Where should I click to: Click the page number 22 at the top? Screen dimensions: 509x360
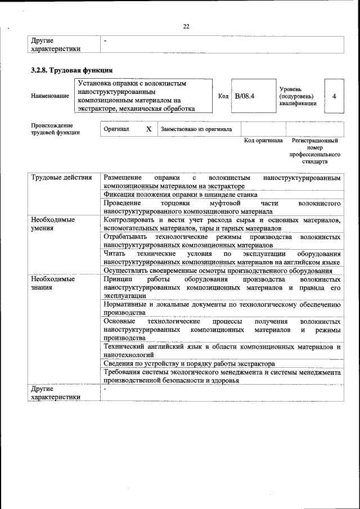point(186,26)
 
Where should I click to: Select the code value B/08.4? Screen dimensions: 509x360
point(245,96)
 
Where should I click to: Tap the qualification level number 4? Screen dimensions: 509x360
point(334,96)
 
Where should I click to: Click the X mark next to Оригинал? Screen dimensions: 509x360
point(148,129)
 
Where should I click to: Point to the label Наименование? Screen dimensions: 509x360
point(50,97)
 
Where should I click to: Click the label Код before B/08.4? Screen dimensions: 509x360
point(223,96)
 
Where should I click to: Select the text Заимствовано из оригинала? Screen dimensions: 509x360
point(196,129)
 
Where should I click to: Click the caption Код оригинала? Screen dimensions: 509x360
point(263,140)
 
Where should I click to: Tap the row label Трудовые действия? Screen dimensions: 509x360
point(61,178)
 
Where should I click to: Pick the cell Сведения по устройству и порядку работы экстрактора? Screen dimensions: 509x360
point(189,364)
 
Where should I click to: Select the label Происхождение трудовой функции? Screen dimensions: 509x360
point(55,129)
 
